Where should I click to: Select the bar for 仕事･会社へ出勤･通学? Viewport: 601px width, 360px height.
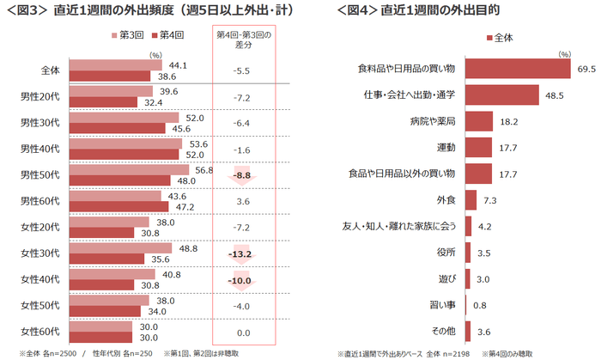(502, 95)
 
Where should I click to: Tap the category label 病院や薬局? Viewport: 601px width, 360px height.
(434, 122)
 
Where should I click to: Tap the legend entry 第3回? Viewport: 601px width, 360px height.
(129, 36)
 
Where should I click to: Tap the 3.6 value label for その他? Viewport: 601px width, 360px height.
(484, 331)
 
